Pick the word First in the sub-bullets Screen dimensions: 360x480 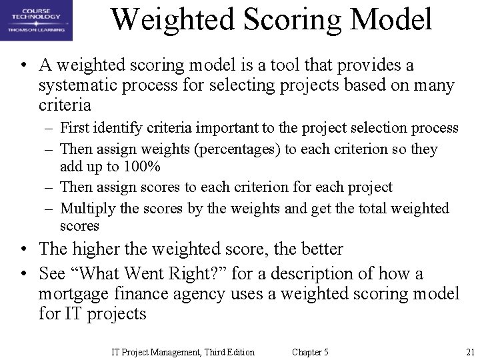[x=74, y=128]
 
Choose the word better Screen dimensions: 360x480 [x=317, y=249]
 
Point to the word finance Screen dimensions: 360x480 [x=148, y=294]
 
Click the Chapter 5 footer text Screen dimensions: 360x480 [x=311, y=352]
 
